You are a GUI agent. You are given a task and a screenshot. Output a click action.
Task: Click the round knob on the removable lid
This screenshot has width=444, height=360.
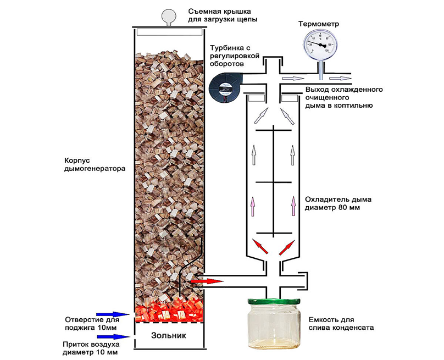click(168, 16)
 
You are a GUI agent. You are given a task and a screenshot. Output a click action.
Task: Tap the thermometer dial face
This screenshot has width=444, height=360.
click(320, 45)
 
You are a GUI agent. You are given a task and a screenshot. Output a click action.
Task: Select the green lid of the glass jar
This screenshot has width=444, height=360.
click(274, 301)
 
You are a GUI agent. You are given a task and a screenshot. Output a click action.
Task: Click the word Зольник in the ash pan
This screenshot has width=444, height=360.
click(169, 336)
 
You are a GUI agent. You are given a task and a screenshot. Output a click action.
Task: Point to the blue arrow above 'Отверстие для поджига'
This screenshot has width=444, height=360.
click(113, 314)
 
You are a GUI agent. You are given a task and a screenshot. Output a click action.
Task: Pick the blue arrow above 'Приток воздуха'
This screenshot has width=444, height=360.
click(113, 337)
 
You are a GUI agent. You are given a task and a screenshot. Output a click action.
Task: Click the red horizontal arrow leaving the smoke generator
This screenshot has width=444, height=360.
click(207, 281)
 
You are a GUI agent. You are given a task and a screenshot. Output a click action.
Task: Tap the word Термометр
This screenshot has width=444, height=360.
click(319, 24)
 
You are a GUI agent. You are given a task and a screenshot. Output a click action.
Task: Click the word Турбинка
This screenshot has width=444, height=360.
click(230, 48)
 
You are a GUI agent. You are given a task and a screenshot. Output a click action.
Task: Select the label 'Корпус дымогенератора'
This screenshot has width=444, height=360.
click(95, 164)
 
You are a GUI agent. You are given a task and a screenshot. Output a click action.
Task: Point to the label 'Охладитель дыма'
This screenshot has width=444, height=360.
click(338, 199)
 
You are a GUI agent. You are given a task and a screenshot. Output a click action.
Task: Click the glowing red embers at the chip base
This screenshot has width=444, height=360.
click(169, 311)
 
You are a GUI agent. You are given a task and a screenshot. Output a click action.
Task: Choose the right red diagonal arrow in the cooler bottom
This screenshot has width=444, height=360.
click(287, 247)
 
